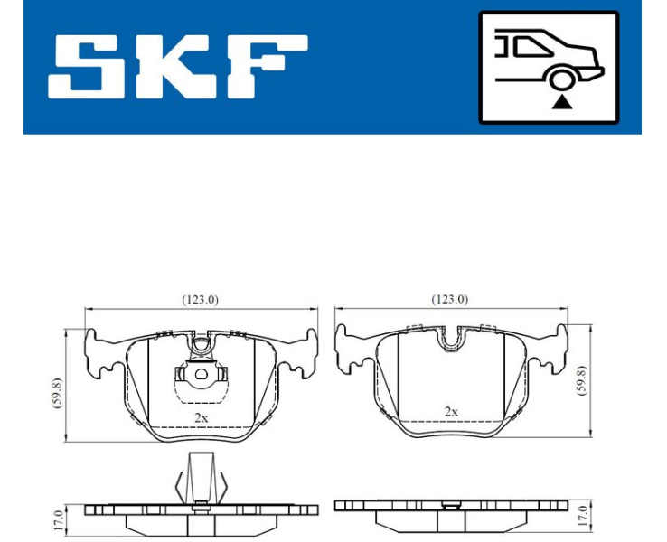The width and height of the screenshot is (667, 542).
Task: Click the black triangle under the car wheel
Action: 561,102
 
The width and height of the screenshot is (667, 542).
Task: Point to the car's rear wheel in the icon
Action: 562,79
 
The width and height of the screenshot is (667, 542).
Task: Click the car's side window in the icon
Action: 531,46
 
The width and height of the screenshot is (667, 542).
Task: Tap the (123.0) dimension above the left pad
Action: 200,300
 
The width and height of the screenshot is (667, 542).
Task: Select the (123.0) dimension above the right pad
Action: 449,300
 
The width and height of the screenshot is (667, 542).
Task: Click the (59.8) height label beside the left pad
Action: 57,393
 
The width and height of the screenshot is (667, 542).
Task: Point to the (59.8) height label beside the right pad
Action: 581,380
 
